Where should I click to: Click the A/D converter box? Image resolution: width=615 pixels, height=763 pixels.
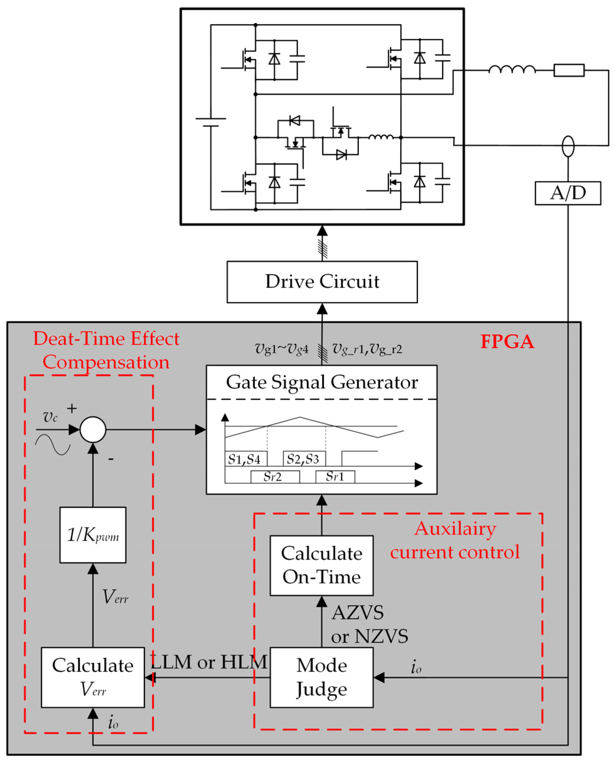click(567, 193)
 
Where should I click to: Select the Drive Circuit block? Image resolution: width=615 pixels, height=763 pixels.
click(322, 282)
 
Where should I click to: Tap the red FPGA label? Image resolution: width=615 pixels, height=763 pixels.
click(507, 342)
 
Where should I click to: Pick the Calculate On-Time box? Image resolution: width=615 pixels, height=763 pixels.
click(321, 565)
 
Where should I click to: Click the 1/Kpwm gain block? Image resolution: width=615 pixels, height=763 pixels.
click(93, 535)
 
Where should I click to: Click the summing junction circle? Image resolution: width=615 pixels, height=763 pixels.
click(93, 429)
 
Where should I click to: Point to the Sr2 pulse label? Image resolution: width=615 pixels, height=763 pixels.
click(273, 477)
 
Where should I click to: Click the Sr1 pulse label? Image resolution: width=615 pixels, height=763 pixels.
click(335, 476)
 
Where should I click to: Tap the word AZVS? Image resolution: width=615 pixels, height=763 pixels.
click(357, 613)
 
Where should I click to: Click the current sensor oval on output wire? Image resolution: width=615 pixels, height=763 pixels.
click(568, 146)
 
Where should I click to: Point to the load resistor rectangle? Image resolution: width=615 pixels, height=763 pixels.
click(569, 70)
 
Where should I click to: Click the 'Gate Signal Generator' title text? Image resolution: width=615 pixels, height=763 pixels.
click(322, 383)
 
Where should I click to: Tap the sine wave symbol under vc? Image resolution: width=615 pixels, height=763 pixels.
click(53, 445)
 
